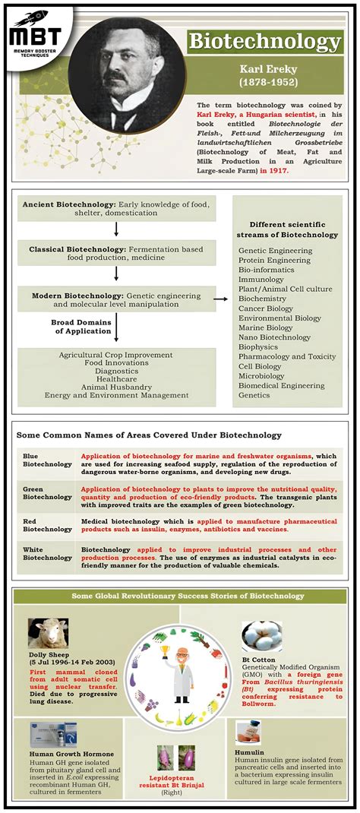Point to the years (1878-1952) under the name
point(265,81)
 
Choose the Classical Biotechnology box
point(115,253)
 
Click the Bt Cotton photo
point(262,635)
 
